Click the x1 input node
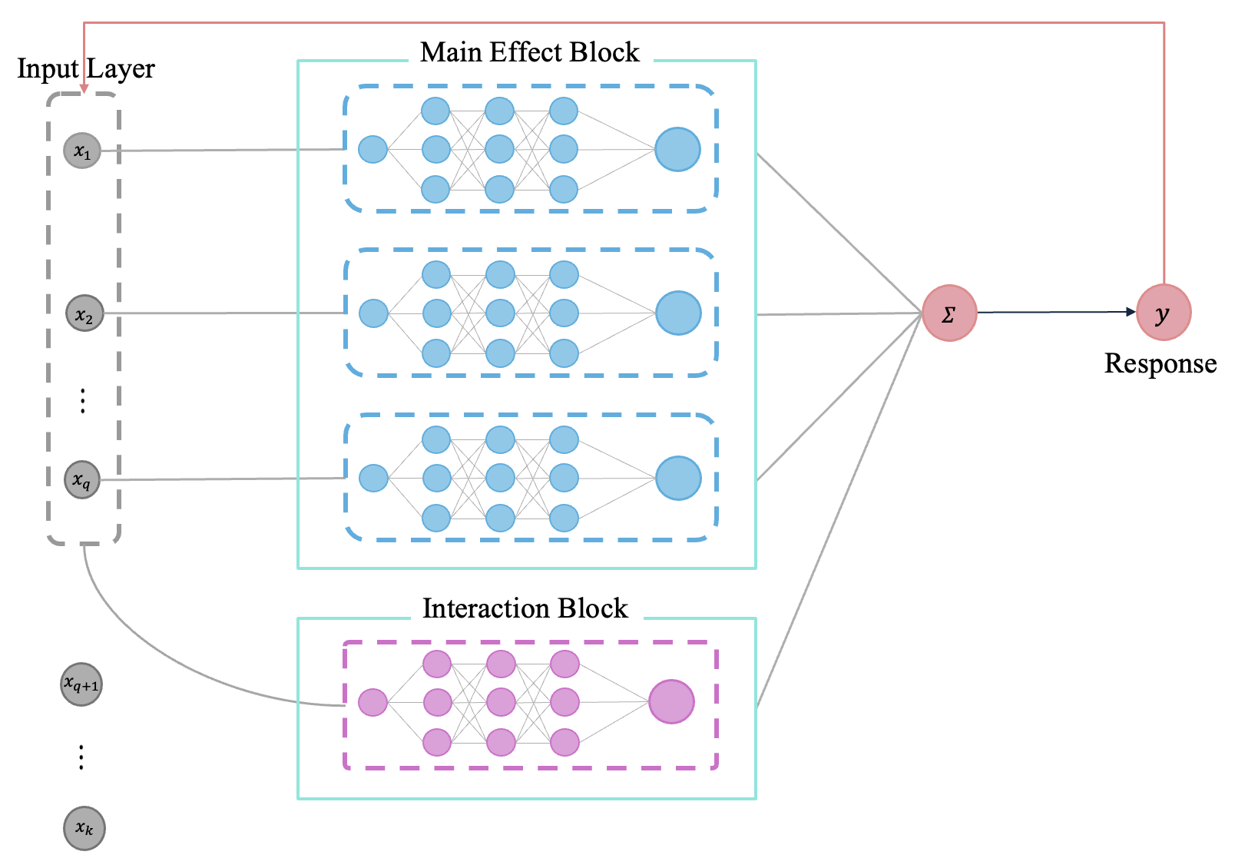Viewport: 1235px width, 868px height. [x=82, y=150]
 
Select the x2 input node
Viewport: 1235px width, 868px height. [x=84, y=313]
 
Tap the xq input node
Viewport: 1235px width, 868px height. [x=82, y=480]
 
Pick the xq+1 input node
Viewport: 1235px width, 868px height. [x=81, y=684]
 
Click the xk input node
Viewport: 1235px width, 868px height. [x=84, y=828]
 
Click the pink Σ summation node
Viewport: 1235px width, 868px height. [x=949, y=313]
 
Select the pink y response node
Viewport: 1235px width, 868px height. [x=1164, y=313]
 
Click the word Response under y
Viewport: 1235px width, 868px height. [x=1160, y=363]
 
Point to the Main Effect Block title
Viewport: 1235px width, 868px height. [x=529, y=52]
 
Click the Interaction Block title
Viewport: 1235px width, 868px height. [x=525, y=608]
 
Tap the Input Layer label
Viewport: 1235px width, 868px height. [x=86, y=68]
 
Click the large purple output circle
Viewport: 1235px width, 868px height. [x=671, y=701]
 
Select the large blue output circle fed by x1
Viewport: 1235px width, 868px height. [x=677, y=150]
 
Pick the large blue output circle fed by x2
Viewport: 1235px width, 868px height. [x=678, y=313]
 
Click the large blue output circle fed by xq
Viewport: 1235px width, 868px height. [x=678, y=478]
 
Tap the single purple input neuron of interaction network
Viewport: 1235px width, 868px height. [x=373, y=702]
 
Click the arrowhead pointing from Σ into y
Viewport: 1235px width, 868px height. [x=1131, y=312]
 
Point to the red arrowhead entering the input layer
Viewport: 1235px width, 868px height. [x=84, y=89]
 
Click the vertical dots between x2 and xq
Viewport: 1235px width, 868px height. [x=83, y=401]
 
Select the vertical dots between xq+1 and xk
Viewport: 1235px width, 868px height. [x=81, y=757]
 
